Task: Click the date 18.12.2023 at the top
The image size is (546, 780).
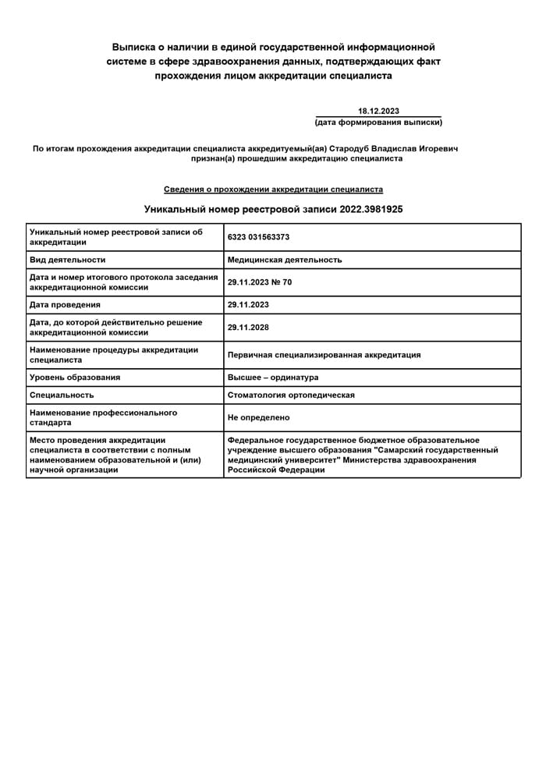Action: (x=378, y=111)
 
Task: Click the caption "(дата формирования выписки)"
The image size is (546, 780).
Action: (x=378, y=122)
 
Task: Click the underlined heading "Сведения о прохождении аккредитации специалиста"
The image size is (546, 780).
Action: (x=273, y=190)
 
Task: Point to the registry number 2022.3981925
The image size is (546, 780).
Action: (x=371, y=210)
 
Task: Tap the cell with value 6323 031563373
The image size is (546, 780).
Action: (x=258, y=237)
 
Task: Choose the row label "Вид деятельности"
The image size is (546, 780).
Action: (x=67, y=260)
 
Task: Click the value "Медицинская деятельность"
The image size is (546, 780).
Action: (x=284, y=260)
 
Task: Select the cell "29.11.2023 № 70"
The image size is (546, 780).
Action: (x=260, y=282)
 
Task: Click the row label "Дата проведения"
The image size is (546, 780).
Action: (x=65, y=304)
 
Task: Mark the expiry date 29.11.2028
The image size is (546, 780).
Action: (x=248, y=328)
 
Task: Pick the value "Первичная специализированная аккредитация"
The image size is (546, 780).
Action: (x=324, y=355)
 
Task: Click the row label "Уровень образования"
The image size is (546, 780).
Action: (x=75, y=378)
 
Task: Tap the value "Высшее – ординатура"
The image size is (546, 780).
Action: (x=273, y=378)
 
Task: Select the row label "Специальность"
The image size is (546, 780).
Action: (x=62, y=395)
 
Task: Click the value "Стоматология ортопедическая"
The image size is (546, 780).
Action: (x=291, y=395)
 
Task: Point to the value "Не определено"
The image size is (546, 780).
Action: (x=258, y=417)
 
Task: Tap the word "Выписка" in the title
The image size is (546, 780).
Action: (x=137, y=48)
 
